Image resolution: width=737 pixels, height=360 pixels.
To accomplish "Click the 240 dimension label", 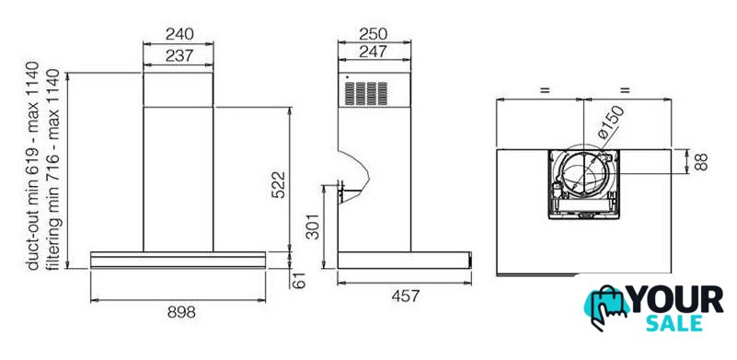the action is coord(179,34).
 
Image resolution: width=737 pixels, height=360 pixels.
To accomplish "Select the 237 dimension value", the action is coord(179,55).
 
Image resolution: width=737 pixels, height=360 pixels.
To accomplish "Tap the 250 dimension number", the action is coord(374,34).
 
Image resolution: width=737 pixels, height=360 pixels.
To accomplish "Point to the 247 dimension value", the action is coord(374,52).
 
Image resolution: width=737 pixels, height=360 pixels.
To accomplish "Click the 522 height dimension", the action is coord(279,184).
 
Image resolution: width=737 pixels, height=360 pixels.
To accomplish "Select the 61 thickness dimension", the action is coord(299,280).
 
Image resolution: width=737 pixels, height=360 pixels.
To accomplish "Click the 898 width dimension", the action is coord(181,311).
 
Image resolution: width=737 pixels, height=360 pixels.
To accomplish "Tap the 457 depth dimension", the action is coord(405,296).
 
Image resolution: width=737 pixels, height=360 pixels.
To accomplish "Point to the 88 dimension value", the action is coord(700,161).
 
